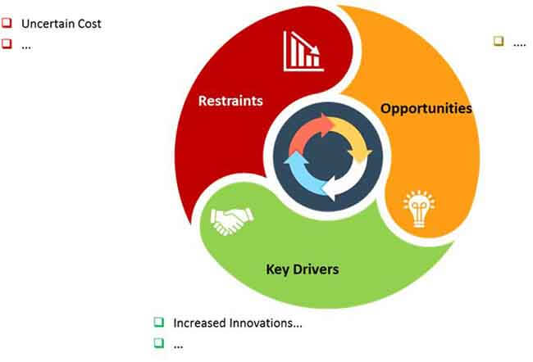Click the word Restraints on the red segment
(x=230, y=101)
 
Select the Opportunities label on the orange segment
(x=426, y=109)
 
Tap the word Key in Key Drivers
(x=277, y=269)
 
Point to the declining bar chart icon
(x=303, y=52)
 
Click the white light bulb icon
(x=419, y=209)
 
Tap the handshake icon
(x=232, y=221)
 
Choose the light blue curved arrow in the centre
(x=303, y=175)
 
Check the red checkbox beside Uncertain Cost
(x=7, y=23)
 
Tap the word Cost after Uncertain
(x=89, y=24)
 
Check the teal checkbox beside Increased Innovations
(x=159, y=322)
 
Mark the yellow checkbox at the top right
(x=499, y=41)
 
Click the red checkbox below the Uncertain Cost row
(x=7, y=43)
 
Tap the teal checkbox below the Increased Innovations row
(x=159, y=343)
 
